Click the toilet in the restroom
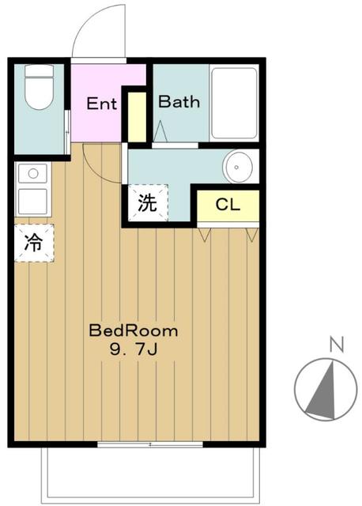[39, 87]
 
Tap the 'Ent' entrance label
[101, 104]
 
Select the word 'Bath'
[179, 101]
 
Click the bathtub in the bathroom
[234, 103]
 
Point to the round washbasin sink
[238, 167]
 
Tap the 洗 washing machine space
[148, 203]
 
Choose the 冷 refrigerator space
[34, 243]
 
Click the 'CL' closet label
[228, 205]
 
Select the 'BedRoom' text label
[134, 331]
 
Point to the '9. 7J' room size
[134, 349]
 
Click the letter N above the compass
[337, 344]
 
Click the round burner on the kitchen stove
[33, 173]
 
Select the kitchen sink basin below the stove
[32, 201]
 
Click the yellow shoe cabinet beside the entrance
[137, 117]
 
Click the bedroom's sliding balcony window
[150, 444]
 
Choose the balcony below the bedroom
[150, 475]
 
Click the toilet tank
[39, 70]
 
